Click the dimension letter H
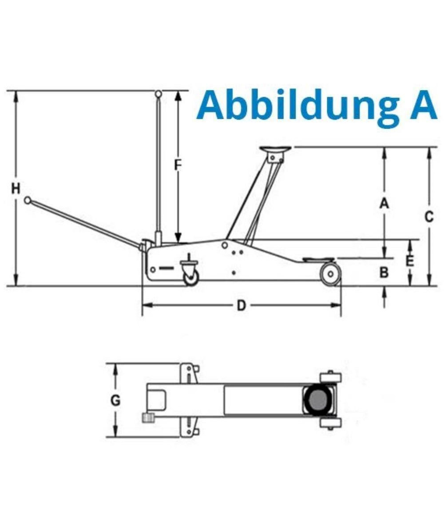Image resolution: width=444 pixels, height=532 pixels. coord(16,189)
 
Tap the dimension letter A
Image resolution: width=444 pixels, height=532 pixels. coord(384,204)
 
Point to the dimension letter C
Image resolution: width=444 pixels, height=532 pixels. coord(429,217)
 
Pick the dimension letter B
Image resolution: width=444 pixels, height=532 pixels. coord(384,272)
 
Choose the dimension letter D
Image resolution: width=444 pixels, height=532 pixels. coord(241,305)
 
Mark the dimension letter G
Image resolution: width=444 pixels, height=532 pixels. coord(115,401)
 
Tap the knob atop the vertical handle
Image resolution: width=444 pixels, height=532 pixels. coord(159,94)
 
